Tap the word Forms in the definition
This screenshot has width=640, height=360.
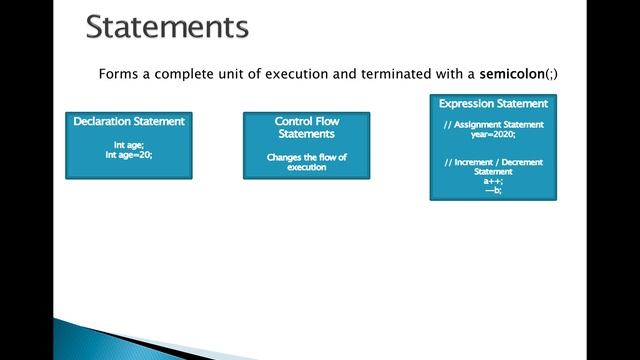point(118,74)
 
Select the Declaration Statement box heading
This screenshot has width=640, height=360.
point(129,121)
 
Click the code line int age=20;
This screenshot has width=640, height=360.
point(129,155)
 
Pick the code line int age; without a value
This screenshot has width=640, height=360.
point(129,145)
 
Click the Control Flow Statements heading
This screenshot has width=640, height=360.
point(306,127)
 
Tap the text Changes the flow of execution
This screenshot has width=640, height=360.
point(306,162)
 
